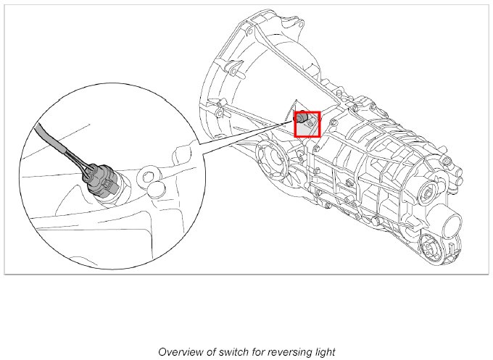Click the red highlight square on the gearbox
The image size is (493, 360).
(307, 124)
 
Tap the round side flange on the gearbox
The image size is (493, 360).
(270, 156)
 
